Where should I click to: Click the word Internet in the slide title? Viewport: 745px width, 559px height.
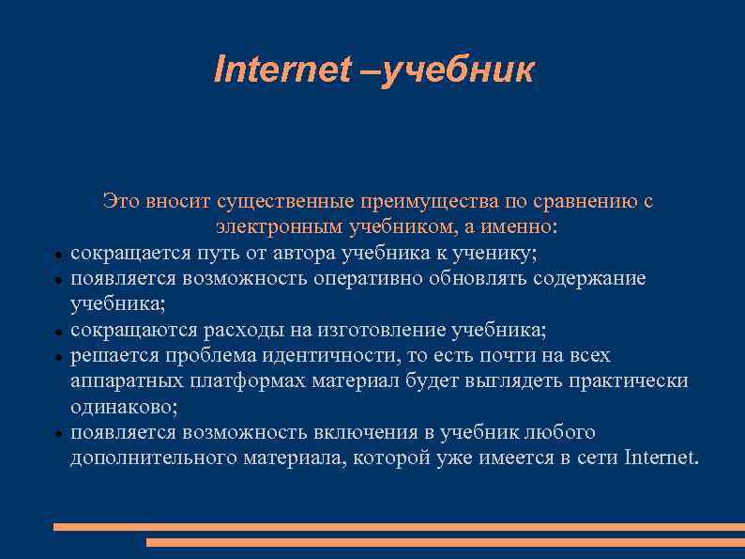(281, 69)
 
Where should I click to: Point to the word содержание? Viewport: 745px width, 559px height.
(589, 279)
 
